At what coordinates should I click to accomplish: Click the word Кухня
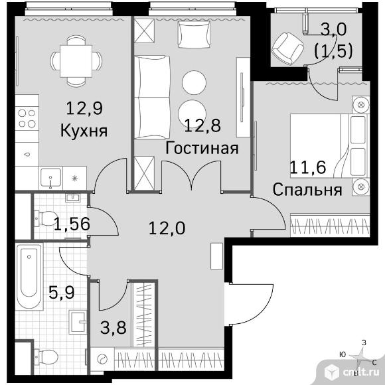84,131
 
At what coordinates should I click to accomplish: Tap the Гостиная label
202,149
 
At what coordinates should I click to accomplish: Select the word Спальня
307,190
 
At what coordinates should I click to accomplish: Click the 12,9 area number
84,108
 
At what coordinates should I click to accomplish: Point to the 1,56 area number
72,224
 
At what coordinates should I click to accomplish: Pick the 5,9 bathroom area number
61,293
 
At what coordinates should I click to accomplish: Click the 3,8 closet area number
114,327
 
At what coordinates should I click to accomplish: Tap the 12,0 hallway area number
167,228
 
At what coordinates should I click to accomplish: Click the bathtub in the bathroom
29,276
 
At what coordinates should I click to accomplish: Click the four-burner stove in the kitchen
27,118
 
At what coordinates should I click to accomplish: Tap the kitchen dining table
76,61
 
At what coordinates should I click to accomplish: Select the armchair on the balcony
287,48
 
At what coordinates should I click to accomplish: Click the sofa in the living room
152,97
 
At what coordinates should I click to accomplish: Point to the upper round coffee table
194,82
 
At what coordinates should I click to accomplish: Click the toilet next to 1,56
46,218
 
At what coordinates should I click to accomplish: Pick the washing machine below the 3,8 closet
102,359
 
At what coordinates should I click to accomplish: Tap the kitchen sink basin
51,178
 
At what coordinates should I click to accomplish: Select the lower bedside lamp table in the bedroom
360,187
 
